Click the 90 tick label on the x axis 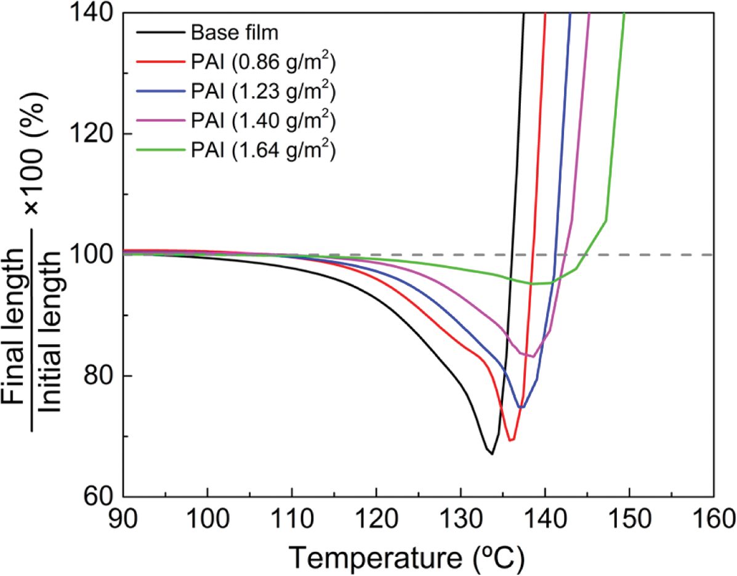[x=123, y=517]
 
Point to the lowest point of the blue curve [x=521, y=407]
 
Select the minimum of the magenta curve [x=531, y=357]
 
